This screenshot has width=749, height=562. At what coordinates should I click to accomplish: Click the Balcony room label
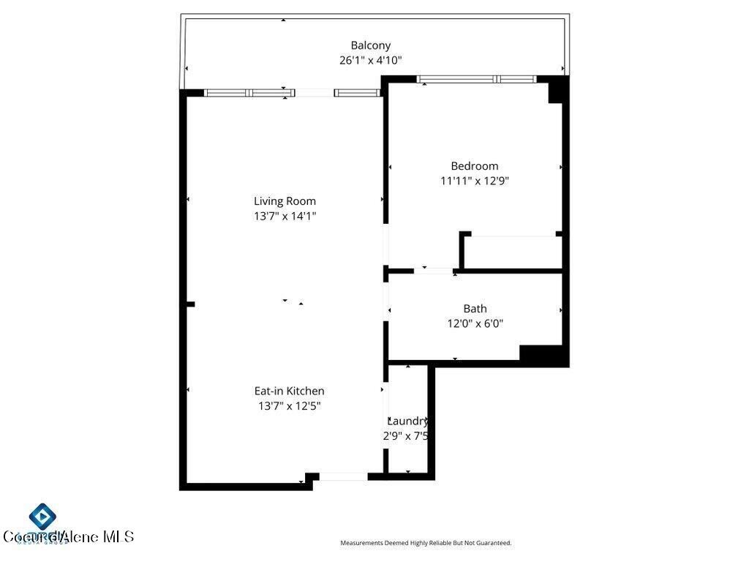click(x=370, y=45)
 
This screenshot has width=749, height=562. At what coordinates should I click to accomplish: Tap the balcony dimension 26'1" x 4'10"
click(x=370, y=61)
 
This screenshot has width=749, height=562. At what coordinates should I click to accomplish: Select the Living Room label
click(x=285, y=201)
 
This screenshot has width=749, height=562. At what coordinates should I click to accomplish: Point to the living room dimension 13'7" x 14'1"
click(x=285, y=216)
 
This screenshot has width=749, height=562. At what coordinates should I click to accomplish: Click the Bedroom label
click(x=474, y=166)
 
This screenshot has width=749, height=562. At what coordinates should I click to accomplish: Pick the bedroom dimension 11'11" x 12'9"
click(x=474, y=181)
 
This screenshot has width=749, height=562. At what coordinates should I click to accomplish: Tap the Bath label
click(x=475, y=309)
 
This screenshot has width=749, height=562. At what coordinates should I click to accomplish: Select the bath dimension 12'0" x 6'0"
click(x=475, y=323)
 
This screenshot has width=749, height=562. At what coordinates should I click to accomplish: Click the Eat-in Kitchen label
click(x=289, y=391)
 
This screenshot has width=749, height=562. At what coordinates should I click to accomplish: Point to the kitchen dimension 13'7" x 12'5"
click(x=289, y=406)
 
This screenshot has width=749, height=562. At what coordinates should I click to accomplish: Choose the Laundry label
click(x=407, y=421)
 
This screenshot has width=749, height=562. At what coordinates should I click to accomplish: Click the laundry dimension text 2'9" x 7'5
click(x=405, y=436)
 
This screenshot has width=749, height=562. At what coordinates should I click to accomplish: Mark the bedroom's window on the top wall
click(x=476, y=79)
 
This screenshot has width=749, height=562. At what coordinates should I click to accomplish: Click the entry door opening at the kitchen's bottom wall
click(x=343, y=477)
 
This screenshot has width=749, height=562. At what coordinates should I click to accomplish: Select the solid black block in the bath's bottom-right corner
click(x=541, y=353)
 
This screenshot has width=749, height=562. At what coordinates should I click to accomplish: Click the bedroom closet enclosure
click(x=513, y=252)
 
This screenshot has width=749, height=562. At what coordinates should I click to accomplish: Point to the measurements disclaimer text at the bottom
click(x=426, y=543)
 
